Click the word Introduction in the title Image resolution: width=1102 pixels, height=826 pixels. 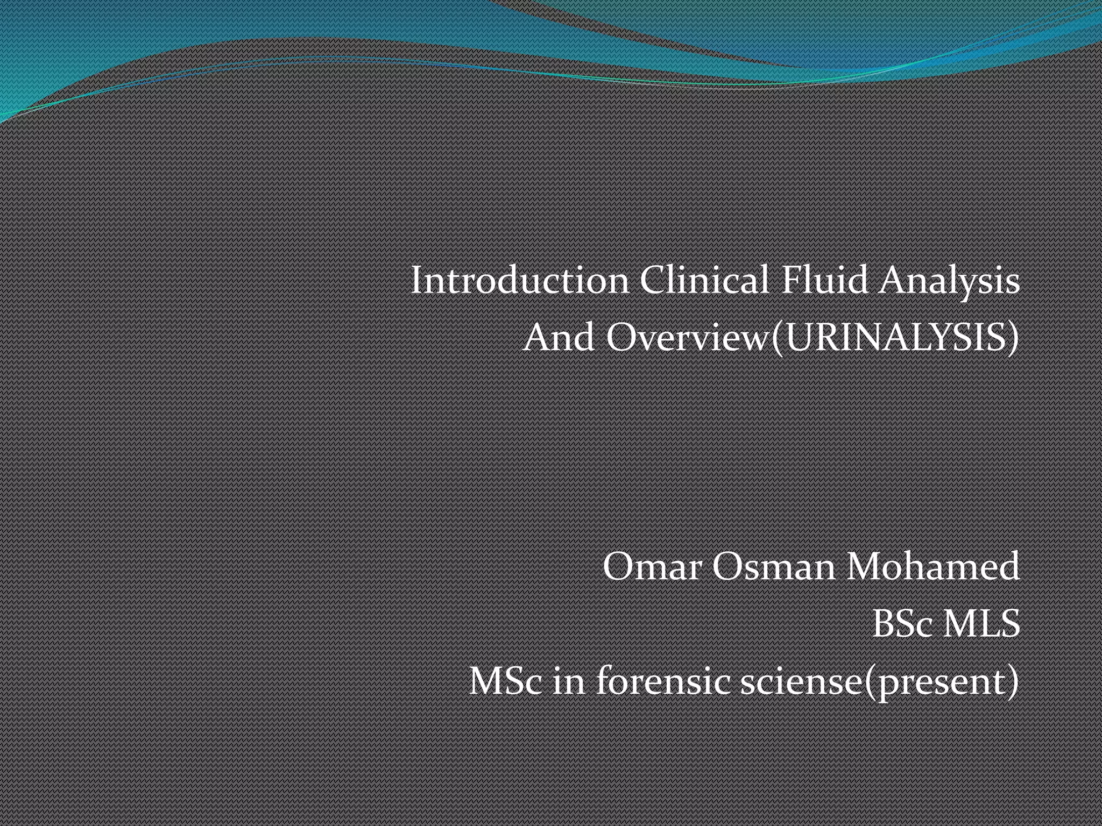coord(519,281)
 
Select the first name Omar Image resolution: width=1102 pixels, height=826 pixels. coord(652,567)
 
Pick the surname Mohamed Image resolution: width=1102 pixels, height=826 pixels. coord(933,567)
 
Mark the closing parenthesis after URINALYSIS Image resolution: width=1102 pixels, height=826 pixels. coord(1014,339)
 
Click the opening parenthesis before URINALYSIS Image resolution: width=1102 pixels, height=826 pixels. coord(776,339)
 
